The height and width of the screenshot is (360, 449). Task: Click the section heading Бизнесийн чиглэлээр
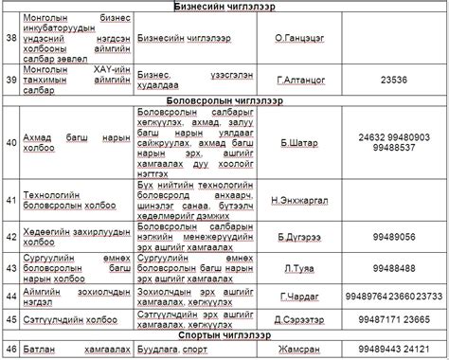[x=224, y=7]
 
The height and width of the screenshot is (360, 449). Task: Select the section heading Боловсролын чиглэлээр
[x=224, y=99]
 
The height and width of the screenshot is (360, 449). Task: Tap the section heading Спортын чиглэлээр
[x=224, y=335]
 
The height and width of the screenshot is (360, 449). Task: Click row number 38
[x=11, y=39]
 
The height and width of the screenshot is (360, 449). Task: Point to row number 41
[x=11, y=200]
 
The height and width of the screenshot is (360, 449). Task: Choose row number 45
[x=11, y=319]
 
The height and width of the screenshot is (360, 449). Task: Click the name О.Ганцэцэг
[x=299, y=39]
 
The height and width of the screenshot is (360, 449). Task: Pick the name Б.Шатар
[x=299, y=143]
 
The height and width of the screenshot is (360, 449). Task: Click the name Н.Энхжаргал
[x=299, y=200]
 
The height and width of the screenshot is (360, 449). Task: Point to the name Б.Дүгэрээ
[x=299, y=237]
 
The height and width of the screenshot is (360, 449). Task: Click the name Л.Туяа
[x=299, y=268]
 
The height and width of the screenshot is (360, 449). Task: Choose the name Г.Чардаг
[x=299, y=296]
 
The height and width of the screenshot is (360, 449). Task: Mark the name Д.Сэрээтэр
[x=299, y=319]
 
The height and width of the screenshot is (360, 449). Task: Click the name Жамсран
[x=299, y=350]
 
